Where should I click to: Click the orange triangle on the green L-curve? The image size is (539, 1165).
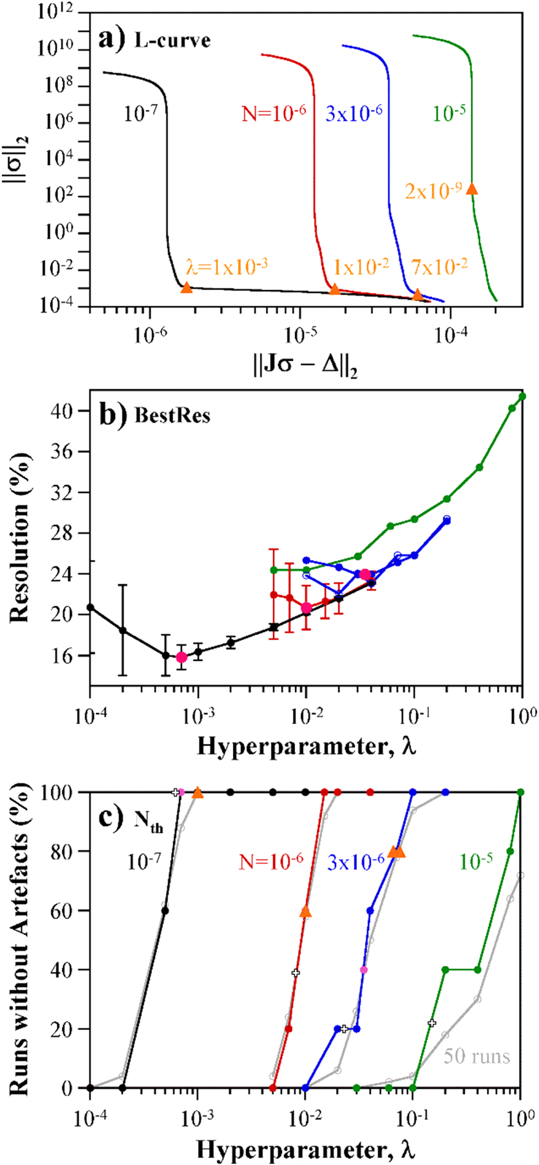pyautogui.click(x=472, y=189)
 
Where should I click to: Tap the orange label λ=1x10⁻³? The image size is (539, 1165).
pyautogui.click(x=226, y=267)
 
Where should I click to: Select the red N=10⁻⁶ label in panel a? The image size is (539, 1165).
pyautogui.click(x=274, y=113)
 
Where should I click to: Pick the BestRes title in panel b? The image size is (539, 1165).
pyautogui.click(x=172, y=416)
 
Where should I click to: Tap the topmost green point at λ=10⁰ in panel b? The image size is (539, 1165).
pyautogui.click(x=522, y=396)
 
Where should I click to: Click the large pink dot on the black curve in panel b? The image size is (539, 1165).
pyautogui.click(x=182, y=657)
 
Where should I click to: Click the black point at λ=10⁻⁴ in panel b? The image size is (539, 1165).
pyautogui.click(x=90, y=607)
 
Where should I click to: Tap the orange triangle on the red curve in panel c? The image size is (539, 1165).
pyautogui.click(x=305, y=912)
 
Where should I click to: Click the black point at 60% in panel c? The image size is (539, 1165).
pyautogui.click(x=165, y=910)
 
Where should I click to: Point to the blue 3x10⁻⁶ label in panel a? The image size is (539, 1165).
pyautogui.click(x=354, y=113)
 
